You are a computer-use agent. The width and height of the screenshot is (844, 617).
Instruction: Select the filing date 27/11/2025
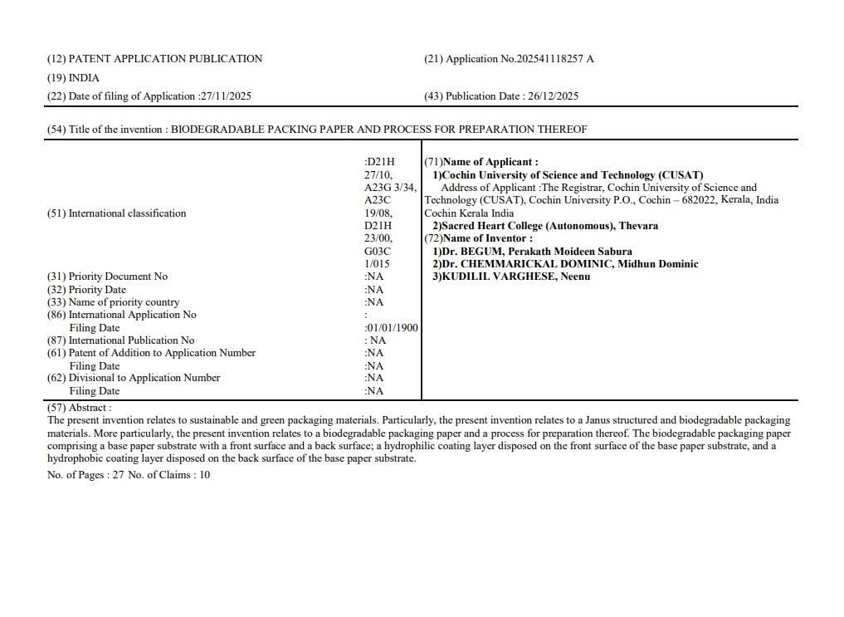[x=226, y=96]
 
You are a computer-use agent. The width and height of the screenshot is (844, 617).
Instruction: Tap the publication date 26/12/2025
[x=553, y=96]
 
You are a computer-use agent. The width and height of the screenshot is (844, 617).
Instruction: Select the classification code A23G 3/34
[x=390, y=188]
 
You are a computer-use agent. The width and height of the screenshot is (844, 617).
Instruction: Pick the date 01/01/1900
[x=393, y=328]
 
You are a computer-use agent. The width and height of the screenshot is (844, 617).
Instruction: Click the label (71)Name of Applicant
[x=481, y=162]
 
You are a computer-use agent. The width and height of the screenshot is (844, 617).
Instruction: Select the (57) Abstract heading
[x=79, y=408]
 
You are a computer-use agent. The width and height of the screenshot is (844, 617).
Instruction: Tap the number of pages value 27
[x=118, y=475]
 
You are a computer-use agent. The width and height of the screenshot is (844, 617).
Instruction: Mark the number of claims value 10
[x=204, y=475]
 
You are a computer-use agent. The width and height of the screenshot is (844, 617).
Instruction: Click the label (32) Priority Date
[x=86, y=290]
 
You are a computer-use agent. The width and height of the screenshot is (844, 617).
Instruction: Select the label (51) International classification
[x=116, y=213]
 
